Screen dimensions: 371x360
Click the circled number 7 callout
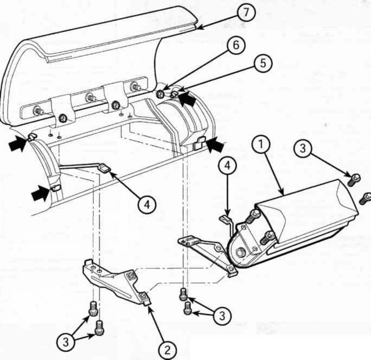(x=246, y=12)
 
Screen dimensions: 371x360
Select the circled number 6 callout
(x=236, y=45)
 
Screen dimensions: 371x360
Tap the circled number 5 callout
(x=263, y=64)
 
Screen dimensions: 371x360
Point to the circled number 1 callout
(x=261, y=144)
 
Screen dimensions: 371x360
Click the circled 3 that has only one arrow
(x=303, y=148)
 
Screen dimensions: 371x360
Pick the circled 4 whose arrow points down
(x=227, y=166)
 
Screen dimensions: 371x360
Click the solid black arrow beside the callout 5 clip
(x=187, y=99)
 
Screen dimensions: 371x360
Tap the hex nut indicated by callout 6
(x=161, y=94)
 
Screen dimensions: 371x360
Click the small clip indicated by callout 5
(x=175, y=94)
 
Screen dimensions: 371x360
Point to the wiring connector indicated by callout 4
(x=104, y=168)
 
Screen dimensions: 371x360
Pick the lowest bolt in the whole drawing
(x=99, y=327)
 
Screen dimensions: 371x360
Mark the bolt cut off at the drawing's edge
(x=366, y=198)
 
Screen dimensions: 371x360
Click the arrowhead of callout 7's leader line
(x=199, y=28)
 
